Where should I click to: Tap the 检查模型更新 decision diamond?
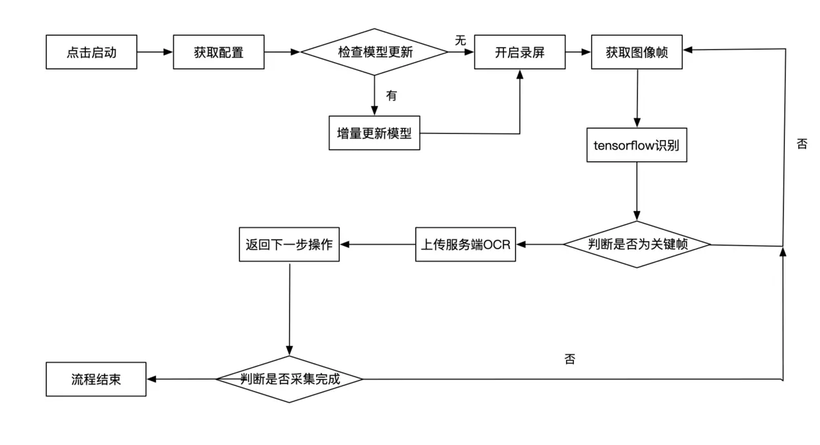click(374, 52)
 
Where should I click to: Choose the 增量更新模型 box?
click(374, 133)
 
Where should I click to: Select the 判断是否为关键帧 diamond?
click(637, 244)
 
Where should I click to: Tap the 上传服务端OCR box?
click(466, 244)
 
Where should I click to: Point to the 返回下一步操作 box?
click(289, 244)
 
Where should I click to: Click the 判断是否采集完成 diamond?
click(290, 379)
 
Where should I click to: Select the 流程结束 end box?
click(96, 379)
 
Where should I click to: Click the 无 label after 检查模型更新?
click(460, 40)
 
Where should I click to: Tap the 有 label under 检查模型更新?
click(391, 95)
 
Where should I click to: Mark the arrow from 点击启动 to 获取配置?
click(155, 52)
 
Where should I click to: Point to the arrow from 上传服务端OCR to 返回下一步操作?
click(377, 245)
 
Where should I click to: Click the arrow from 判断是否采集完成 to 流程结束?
click(181, 379)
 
